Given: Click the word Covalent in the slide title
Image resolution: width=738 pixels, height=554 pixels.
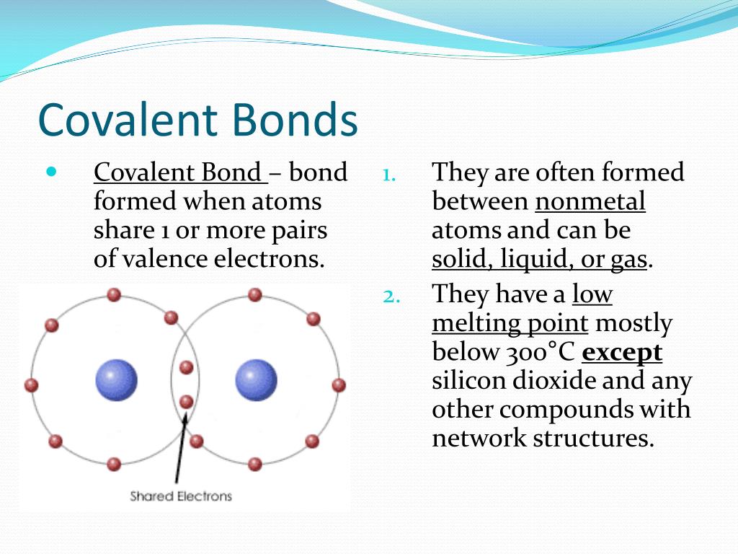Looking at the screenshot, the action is point(128,119).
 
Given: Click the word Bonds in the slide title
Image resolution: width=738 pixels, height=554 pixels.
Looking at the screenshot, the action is point(295,119).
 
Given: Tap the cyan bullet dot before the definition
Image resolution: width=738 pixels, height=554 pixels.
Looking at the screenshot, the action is point(51,171).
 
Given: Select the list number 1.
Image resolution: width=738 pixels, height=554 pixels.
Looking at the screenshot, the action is point(388,175).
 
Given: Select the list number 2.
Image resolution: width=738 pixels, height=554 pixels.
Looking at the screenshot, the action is point(391,296).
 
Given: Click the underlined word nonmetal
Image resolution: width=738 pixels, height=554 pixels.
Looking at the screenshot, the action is point(590,201).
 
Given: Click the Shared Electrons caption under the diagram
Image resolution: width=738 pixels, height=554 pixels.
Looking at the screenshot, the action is point(181,496).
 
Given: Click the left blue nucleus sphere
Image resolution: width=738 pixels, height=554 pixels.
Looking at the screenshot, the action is point(116,380).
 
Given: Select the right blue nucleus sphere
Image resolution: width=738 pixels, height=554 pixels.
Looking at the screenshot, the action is point(256,380).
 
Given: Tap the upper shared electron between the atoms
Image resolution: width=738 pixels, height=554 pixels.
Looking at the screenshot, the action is point(187,367).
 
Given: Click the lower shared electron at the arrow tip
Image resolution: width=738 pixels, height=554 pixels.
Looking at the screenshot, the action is point(187,402).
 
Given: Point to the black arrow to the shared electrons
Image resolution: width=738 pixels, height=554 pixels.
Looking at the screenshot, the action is point(181,447).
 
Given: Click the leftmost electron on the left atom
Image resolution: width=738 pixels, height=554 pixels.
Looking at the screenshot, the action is point(31,385).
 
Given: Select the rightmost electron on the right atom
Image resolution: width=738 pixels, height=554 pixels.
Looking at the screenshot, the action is point(339,385).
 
